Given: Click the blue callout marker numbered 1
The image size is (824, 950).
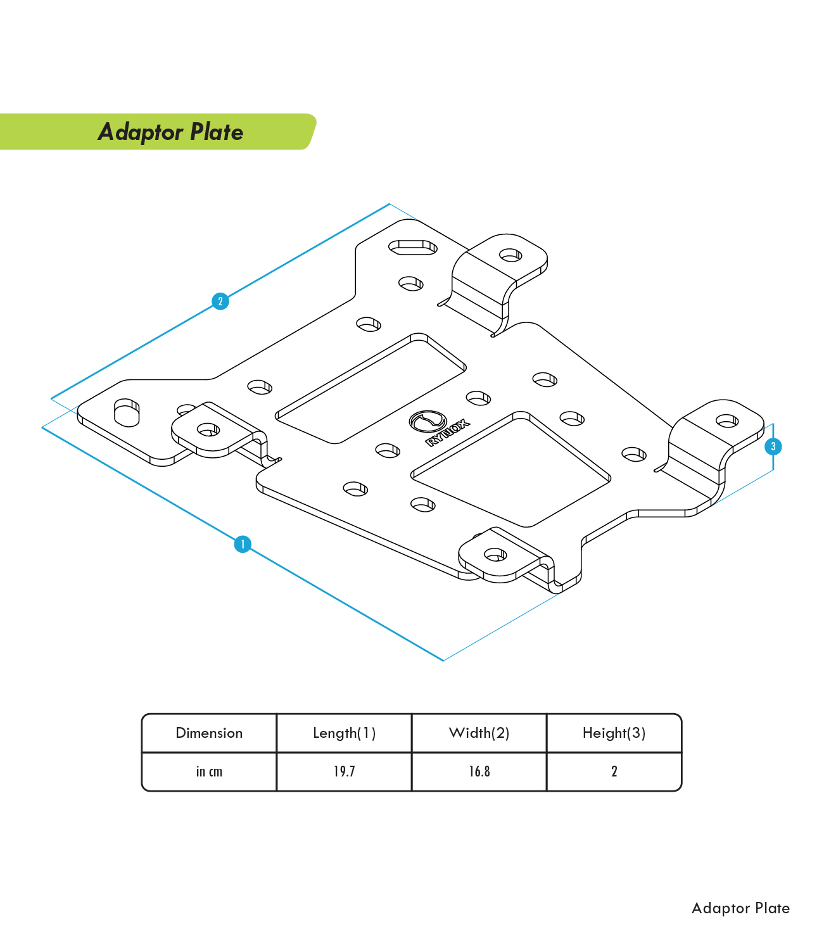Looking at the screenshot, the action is pyautogui.click(x=243, y=544).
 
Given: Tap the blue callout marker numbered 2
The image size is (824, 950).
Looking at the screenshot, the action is pyautogui.click(x=220, y=301).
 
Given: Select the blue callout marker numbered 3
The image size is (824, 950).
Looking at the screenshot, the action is pyautogui.click(x=773, y=446).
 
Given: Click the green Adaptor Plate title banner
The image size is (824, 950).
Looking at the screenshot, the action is pyautogui.click(x=158, y=131).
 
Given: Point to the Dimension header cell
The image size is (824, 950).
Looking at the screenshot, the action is pyautogui.click(x=209, y=733).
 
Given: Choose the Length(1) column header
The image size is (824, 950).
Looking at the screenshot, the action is pyautogui.click(x=344, y=733).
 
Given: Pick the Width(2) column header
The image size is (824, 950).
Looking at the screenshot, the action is pyautogui.click(x=479, y=733).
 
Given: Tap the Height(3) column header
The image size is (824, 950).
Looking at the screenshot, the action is pyautogui.click(x=614, y=733).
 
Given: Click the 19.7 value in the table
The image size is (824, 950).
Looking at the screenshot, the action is pyautogui.click(x=344, y=771).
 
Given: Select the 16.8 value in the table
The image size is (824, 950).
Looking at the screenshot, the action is pyautogui.click(x=479, y=771).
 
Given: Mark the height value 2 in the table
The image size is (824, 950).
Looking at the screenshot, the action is pyautogui.click(x=614, y=771).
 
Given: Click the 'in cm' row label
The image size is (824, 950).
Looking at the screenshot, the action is pyautogui.click(x=209, y=771).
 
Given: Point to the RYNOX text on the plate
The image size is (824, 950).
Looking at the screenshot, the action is pyautogui.click(x=448, y=433).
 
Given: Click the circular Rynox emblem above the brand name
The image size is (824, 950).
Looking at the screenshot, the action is pyautogui.click(x=428, y=421).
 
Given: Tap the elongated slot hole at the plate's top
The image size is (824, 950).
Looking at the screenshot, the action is pyautogui.click(x=413, y=248).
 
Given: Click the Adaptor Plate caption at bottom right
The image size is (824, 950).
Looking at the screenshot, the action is pyautogui.click(x=740, y=908).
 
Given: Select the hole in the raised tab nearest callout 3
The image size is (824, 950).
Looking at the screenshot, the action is pyautogui.click(x=727, y=421).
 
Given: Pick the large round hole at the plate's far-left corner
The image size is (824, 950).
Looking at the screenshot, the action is pyautogui.click(x=126, y=412).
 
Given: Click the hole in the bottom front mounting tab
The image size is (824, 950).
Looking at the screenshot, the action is pyautogui.click(x=495, y=554).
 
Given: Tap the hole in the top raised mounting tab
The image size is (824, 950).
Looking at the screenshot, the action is pyautogui.click(x=510, y=255).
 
